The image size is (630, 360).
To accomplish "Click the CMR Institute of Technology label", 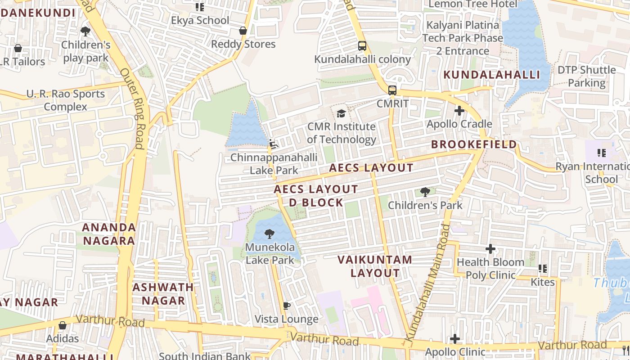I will (x=341, y=133).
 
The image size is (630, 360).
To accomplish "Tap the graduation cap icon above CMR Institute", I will (x=341, y=113).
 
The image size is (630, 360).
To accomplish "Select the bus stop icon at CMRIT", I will (x=392, y=90).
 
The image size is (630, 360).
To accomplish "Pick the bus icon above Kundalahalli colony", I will (x=362, y=46).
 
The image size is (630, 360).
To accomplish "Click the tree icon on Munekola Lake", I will (x=270, y=234).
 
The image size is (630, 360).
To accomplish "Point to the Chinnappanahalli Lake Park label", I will (x=274, y=164).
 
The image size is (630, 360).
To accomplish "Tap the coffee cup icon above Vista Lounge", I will (x=286, y=306).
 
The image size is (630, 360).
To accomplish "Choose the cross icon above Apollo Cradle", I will (x=459, y=111).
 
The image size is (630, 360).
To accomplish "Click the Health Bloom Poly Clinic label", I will (x=490, y=268).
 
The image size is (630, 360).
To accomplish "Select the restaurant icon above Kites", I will (x=543, y=269).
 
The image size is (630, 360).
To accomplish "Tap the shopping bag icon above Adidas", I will (x=63, y=325).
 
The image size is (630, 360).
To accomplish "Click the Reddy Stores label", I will (x=243, y=44).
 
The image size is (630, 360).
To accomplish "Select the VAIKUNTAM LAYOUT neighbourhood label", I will (x=375, y=266).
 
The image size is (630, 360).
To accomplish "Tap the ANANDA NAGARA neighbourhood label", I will (x=109, y=234).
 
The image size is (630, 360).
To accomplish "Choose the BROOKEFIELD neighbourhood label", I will (x=474, y=144).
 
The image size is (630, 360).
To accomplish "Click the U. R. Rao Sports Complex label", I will (x=66, y=100).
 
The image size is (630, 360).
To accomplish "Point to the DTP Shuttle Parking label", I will (x=586, y=76).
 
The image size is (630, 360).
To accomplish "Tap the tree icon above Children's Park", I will (x=425, y=193).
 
